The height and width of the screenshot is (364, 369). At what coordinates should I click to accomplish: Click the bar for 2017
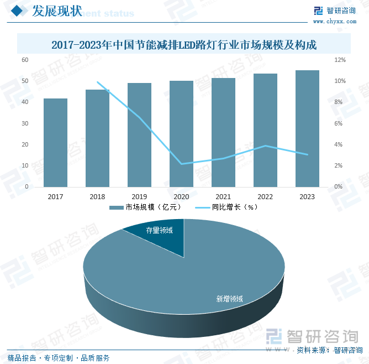pyautogui.click(x=56, y=143)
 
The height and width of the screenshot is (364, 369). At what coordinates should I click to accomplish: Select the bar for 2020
pyautogui.click(x=181, y=134)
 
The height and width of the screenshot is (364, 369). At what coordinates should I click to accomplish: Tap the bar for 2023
pyautogui.click(x=307, y=128)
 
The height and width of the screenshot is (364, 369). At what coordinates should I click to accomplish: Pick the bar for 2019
pyautogui.click(x=139, y=135)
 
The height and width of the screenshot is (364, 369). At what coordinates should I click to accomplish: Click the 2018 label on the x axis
pyautogui.click(x=97, y=197)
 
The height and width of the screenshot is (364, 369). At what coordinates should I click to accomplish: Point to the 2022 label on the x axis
pyautogui.click(x=265, y=197)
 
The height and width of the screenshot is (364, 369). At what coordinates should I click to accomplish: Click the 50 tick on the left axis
pyautogui.click(x=25, y=81)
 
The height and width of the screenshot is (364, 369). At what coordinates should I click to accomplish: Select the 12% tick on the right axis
pyautogui.click(x=340, y=60)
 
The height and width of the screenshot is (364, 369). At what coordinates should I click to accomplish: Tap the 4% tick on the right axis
pyautogui.click(x=339, y=145)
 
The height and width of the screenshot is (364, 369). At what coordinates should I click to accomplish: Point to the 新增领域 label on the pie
pyautogui.click(x=229, y=299)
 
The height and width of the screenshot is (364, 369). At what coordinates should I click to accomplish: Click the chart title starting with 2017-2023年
pyautogui.click(x=184, y=45)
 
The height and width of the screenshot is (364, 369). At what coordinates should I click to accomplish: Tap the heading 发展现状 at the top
pyautogui.click(x=57, y=11)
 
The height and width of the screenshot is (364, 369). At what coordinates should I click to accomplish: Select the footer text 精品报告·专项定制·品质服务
pyautogui.click(x=59, y=358)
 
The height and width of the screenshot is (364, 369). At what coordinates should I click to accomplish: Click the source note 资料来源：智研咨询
pyautogui.click(x=329, y=350)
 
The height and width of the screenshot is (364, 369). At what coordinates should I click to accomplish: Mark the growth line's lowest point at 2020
pyautogui.click(x=181, y=164)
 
